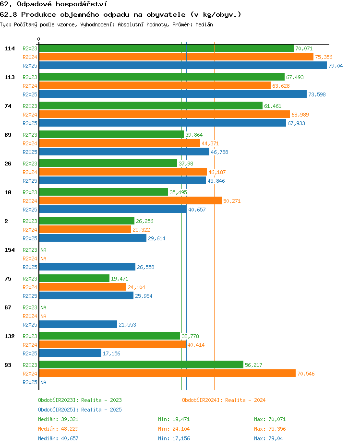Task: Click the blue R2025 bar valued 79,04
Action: click(183, 66)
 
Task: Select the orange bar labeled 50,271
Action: click(131, 200)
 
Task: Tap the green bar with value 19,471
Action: click(74, 279)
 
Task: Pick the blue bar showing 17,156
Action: click(70, 353)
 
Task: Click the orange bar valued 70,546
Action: click(168, 374)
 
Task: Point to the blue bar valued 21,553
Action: click(78, 324)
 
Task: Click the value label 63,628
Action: click(281, 86)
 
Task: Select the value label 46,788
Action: click(220, 152)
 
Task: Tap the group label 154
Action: click(10, 250)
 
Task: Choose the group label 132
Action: click(10, 336)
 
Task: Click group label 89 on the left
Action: click(8, 135)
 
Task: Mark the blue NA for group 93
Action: click(43, 382)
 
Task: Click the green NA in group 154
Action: click(43, 250)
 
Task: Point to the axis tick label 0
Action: click(38, 39)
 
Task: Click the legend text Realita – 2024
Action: click(245, 400)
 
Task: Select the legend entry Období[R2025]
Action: click(58, 410)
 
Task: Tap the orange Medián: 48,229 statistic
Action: click(58, 429)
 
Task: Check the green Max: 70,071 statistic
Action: click(270, 419)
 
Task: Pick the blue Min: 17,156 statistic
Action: click(174, 438)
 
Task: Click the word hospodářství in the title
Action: click(82, 4)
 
